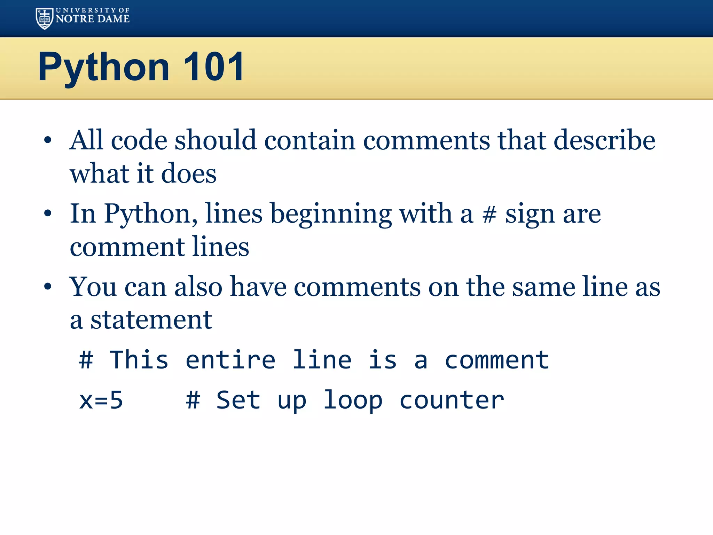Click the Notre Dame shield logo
click(45, 18)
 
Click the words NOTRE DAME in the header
click(93, 19)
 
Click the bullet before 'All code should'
click(48, 140)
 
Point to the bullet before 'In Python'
click(48, 213)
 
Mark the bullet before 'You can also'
click(48, 287)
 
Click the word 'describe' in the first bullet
click(604, 140)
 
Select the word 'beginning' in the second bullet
click(331, 214)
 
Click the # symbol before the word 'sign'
click(489, 214)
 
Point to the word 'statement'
click(151, 320)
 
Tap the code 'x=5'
click(101, 400)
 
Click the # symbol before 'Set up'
click(193, 400)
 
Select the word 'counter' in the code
click(452, 400)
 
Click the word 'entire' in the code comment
click(230, 360)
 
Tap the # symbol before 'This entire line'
click(86, 360)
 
